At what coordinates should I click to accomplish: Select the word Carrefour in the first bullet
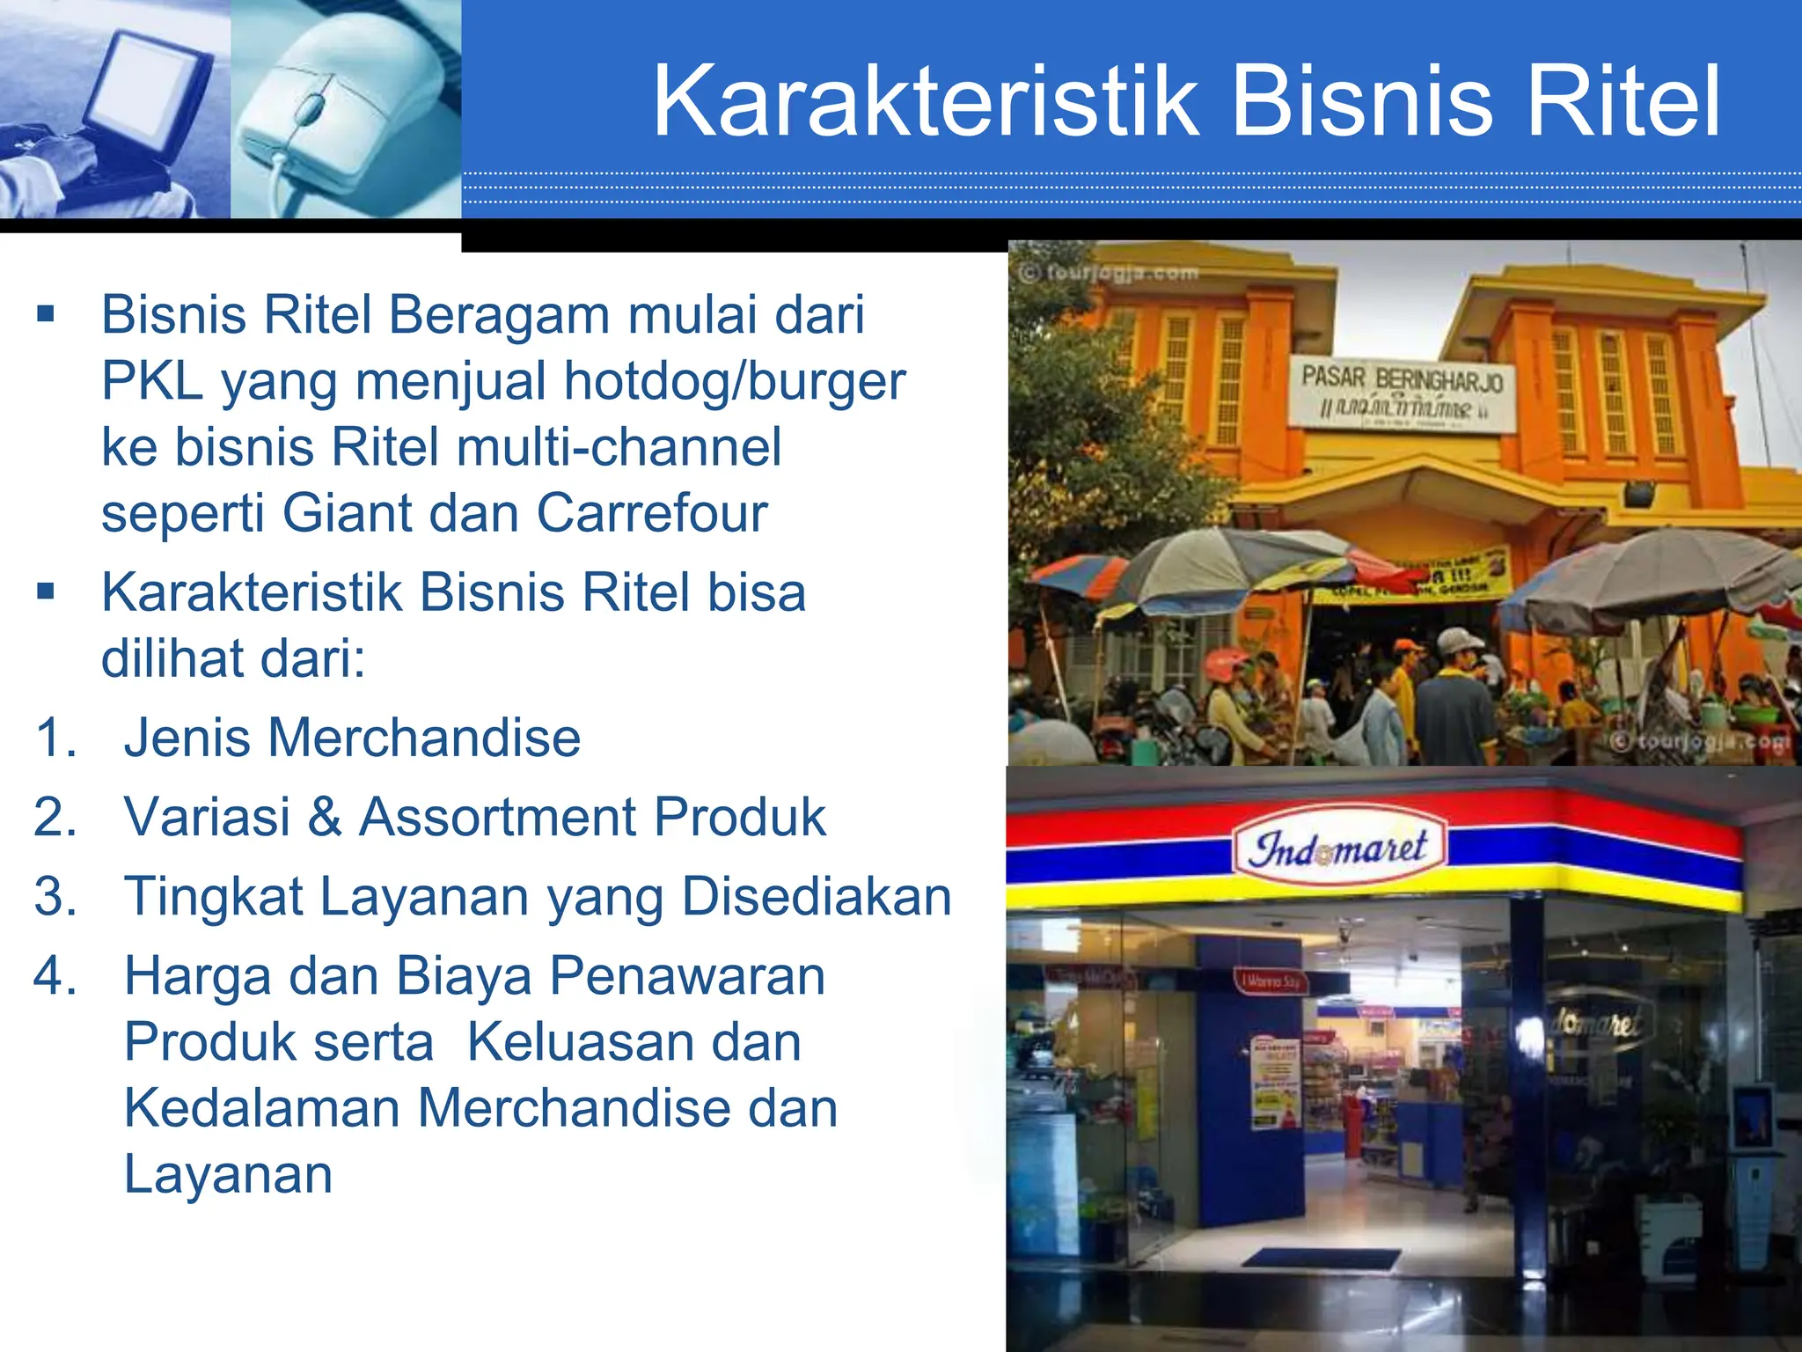(x=652, y=513)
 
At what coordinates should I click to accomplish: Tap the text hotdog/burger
(x=734, y=381)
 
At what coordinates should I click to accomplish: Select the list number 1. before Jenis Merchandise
(x=56, y=738)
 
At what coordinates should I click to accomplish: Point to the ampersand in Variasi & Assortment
(x=325, y=817)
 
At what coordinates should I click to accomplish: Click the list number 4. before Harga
(x=56, y=976)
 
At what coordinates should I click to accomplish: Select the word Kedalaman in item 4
(x=263, y=1108)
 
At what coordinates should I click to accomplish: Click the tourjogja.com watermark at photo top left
(x=1110, y=273)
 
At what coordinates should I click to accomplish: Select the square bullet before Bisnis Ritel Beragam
(x=46, y=314)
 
